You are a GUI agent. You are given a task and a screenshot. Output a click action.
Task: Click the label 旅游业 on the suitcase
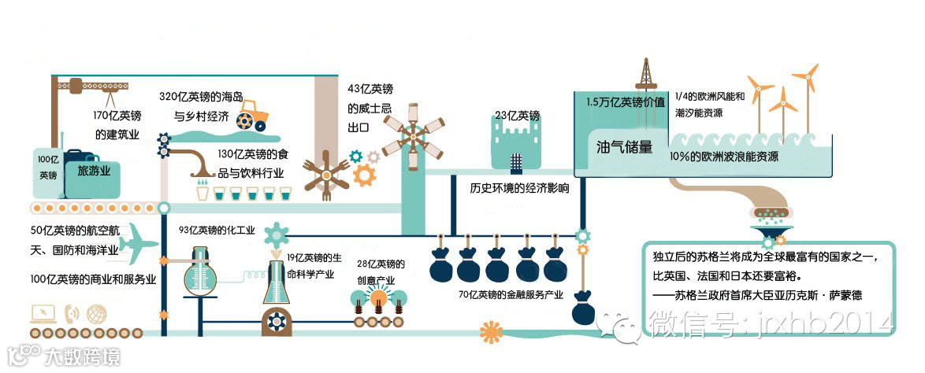[93, 170]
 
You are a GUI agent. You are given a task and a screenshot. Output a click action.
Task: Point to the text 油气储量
[624, 146]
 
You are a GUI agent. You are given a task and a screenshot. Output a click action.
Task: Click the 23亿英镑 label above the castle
[518, 116]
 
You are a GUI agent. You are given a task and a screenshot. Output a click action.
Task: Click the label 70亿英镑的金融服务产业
[510, 295]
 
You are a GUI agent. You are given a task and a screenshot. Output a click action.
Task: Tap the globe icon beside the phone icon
[97, 313]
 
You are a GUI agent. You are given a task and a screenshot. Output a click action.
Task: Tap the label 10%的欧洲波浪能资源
[724, 156]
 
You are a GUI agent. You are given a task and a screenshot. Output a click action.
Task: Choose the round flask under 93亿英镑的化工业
[201, 279]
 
